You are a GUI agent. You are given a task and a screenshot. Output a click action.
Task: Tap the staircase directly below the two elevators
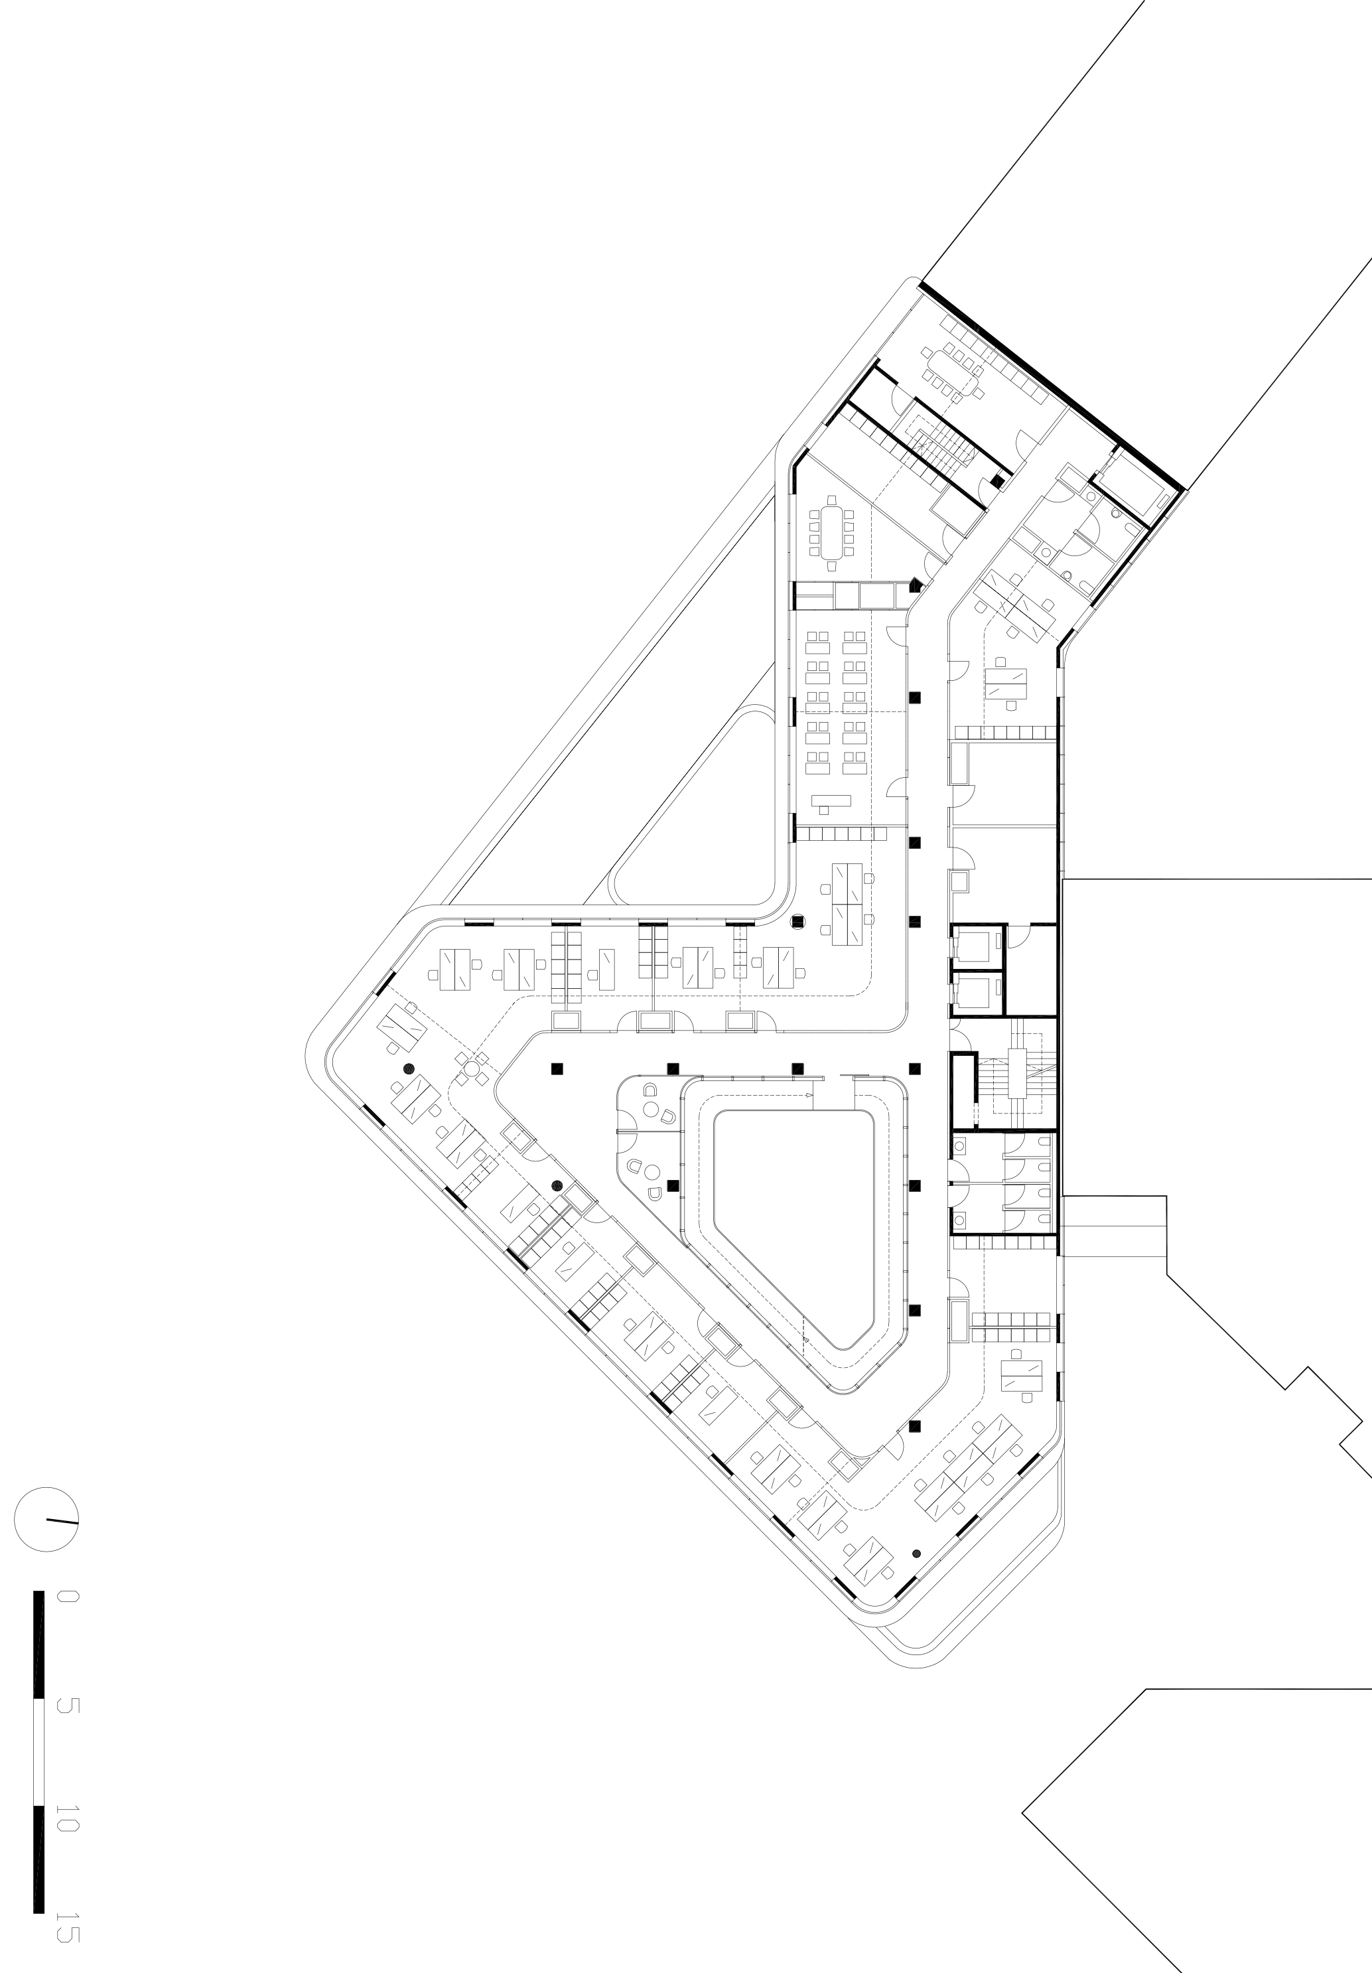point(1018,1074)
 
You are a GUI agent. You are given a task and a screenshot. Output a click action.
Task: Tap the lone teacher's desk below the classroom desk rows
point(831,802)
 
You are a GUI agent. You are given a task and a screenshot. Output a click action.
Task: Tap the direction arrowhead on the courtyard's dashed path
point(810,1098)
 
